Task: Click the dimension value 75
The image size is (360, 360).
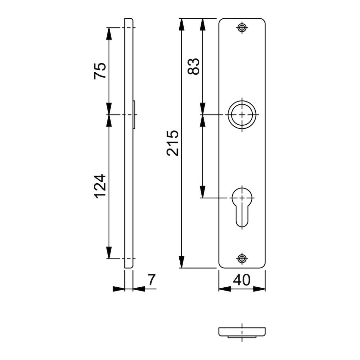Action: click(x=100, y=71)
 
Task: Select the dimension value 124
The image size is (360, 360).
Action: click(x=100, y=186)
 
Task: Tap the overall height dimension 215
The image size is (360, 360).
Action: click(x=173, y=143)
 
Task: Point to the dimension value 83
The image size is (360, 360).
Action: click(x=193, y=66)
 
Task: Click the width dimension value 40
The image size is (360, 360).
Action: click(x=242, y=280)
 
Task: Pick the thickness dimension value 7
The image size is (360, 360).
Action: click(x=152, y=280)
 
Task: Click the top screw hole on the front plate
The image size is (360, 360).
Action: click(x=242, y=28)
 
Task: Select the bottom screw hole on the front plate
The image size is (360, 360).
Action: click(x=242, y=259)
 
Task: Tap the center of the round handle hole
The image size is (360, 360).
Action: click(x=242, y=115)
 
